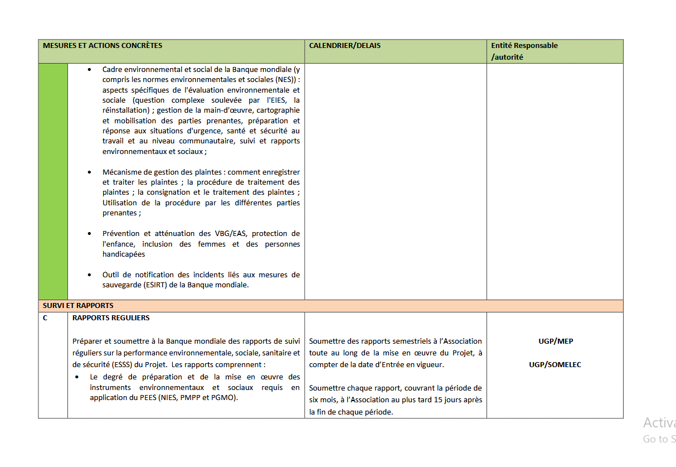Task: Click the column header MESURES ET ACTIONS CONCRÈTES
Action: point(103,45)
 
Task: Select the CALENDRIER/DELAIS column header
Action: point(345,45)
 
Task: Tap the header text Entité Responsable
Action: point(524,45)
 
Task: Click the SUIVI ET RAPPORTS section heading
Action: point(78,306)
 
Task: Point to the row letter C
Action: point(45,318)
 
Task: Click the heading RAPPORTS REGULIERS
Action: point(111,318)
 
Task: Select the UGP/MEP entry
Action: point(556,341)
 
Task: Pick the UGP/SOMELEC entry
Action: point(555,365)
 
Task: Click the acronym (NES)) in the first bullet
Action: point(285,80)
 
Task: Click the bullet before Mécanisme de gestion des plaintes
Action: point(90,172)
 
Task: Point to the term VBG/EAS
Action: point(231,234)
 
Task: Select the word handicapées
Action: point(124,254)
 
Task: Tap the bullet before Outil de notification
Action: point(90,275)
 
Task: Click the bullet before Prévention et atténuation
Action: point(90,234)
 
